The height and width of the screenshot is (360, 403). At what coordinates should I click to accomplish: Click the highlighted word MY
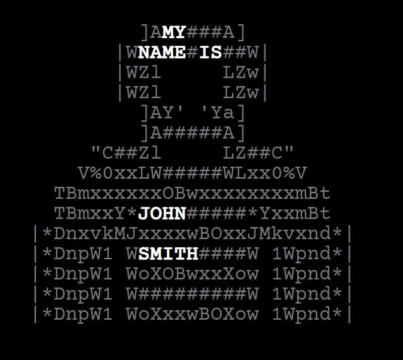point(174,32)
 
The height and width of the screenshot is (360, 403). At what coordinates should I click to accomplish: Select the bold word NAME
point(162,52)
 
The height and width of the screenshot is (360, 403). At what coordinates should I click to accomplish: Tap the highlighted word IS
point(211,52)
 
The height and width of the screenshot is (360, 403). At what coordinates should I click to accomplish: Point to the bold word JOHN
point(162,213)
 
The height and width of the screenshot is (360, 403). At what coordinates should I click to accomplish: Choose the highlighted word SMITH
point(168,254)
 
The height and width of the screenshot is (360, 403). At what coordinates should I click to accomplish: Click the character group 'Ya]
point(223,113)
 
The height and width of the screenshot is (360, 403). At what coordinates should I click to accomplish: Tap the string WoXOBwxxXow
point(192,274)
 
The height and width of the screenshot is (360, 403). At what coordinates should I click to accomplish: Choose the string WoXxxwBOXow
point(192,314)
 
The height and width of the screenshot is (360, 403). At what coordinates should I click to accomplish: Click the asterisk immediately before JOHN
point(131,213)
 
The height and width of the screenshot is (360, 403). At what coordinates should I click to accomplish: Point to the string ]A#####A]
point(192,133)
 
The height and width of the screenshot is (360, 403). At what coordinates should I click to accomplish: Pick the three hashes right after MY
point(205,32)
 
